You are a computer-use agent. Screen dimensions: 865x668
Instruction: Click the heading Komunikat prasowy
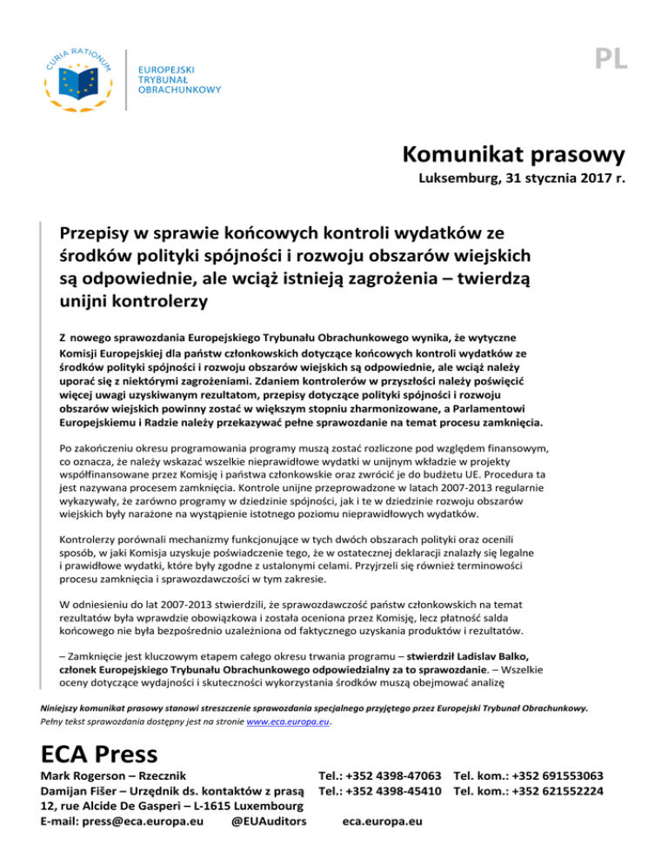515,156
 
